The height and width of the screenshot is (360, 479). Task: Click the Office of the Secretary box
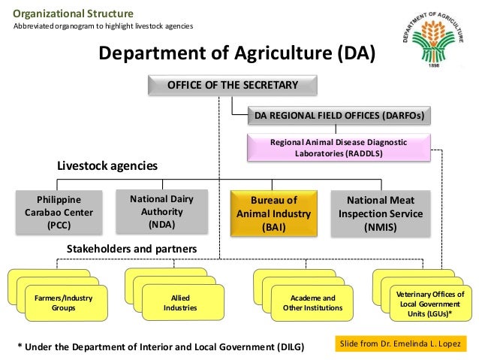232,85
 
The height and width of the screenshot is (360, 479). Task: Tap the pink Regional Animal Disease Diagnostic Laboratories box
339,147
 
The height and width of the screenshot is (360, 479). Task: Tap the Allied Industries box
179,304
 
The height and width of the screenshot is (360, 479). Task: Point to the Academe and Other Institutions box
309,304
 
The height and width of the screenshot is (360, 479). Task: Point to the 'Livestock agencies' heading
107,165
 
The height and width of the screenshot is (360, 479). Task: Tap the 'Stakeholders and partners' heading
131,248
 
